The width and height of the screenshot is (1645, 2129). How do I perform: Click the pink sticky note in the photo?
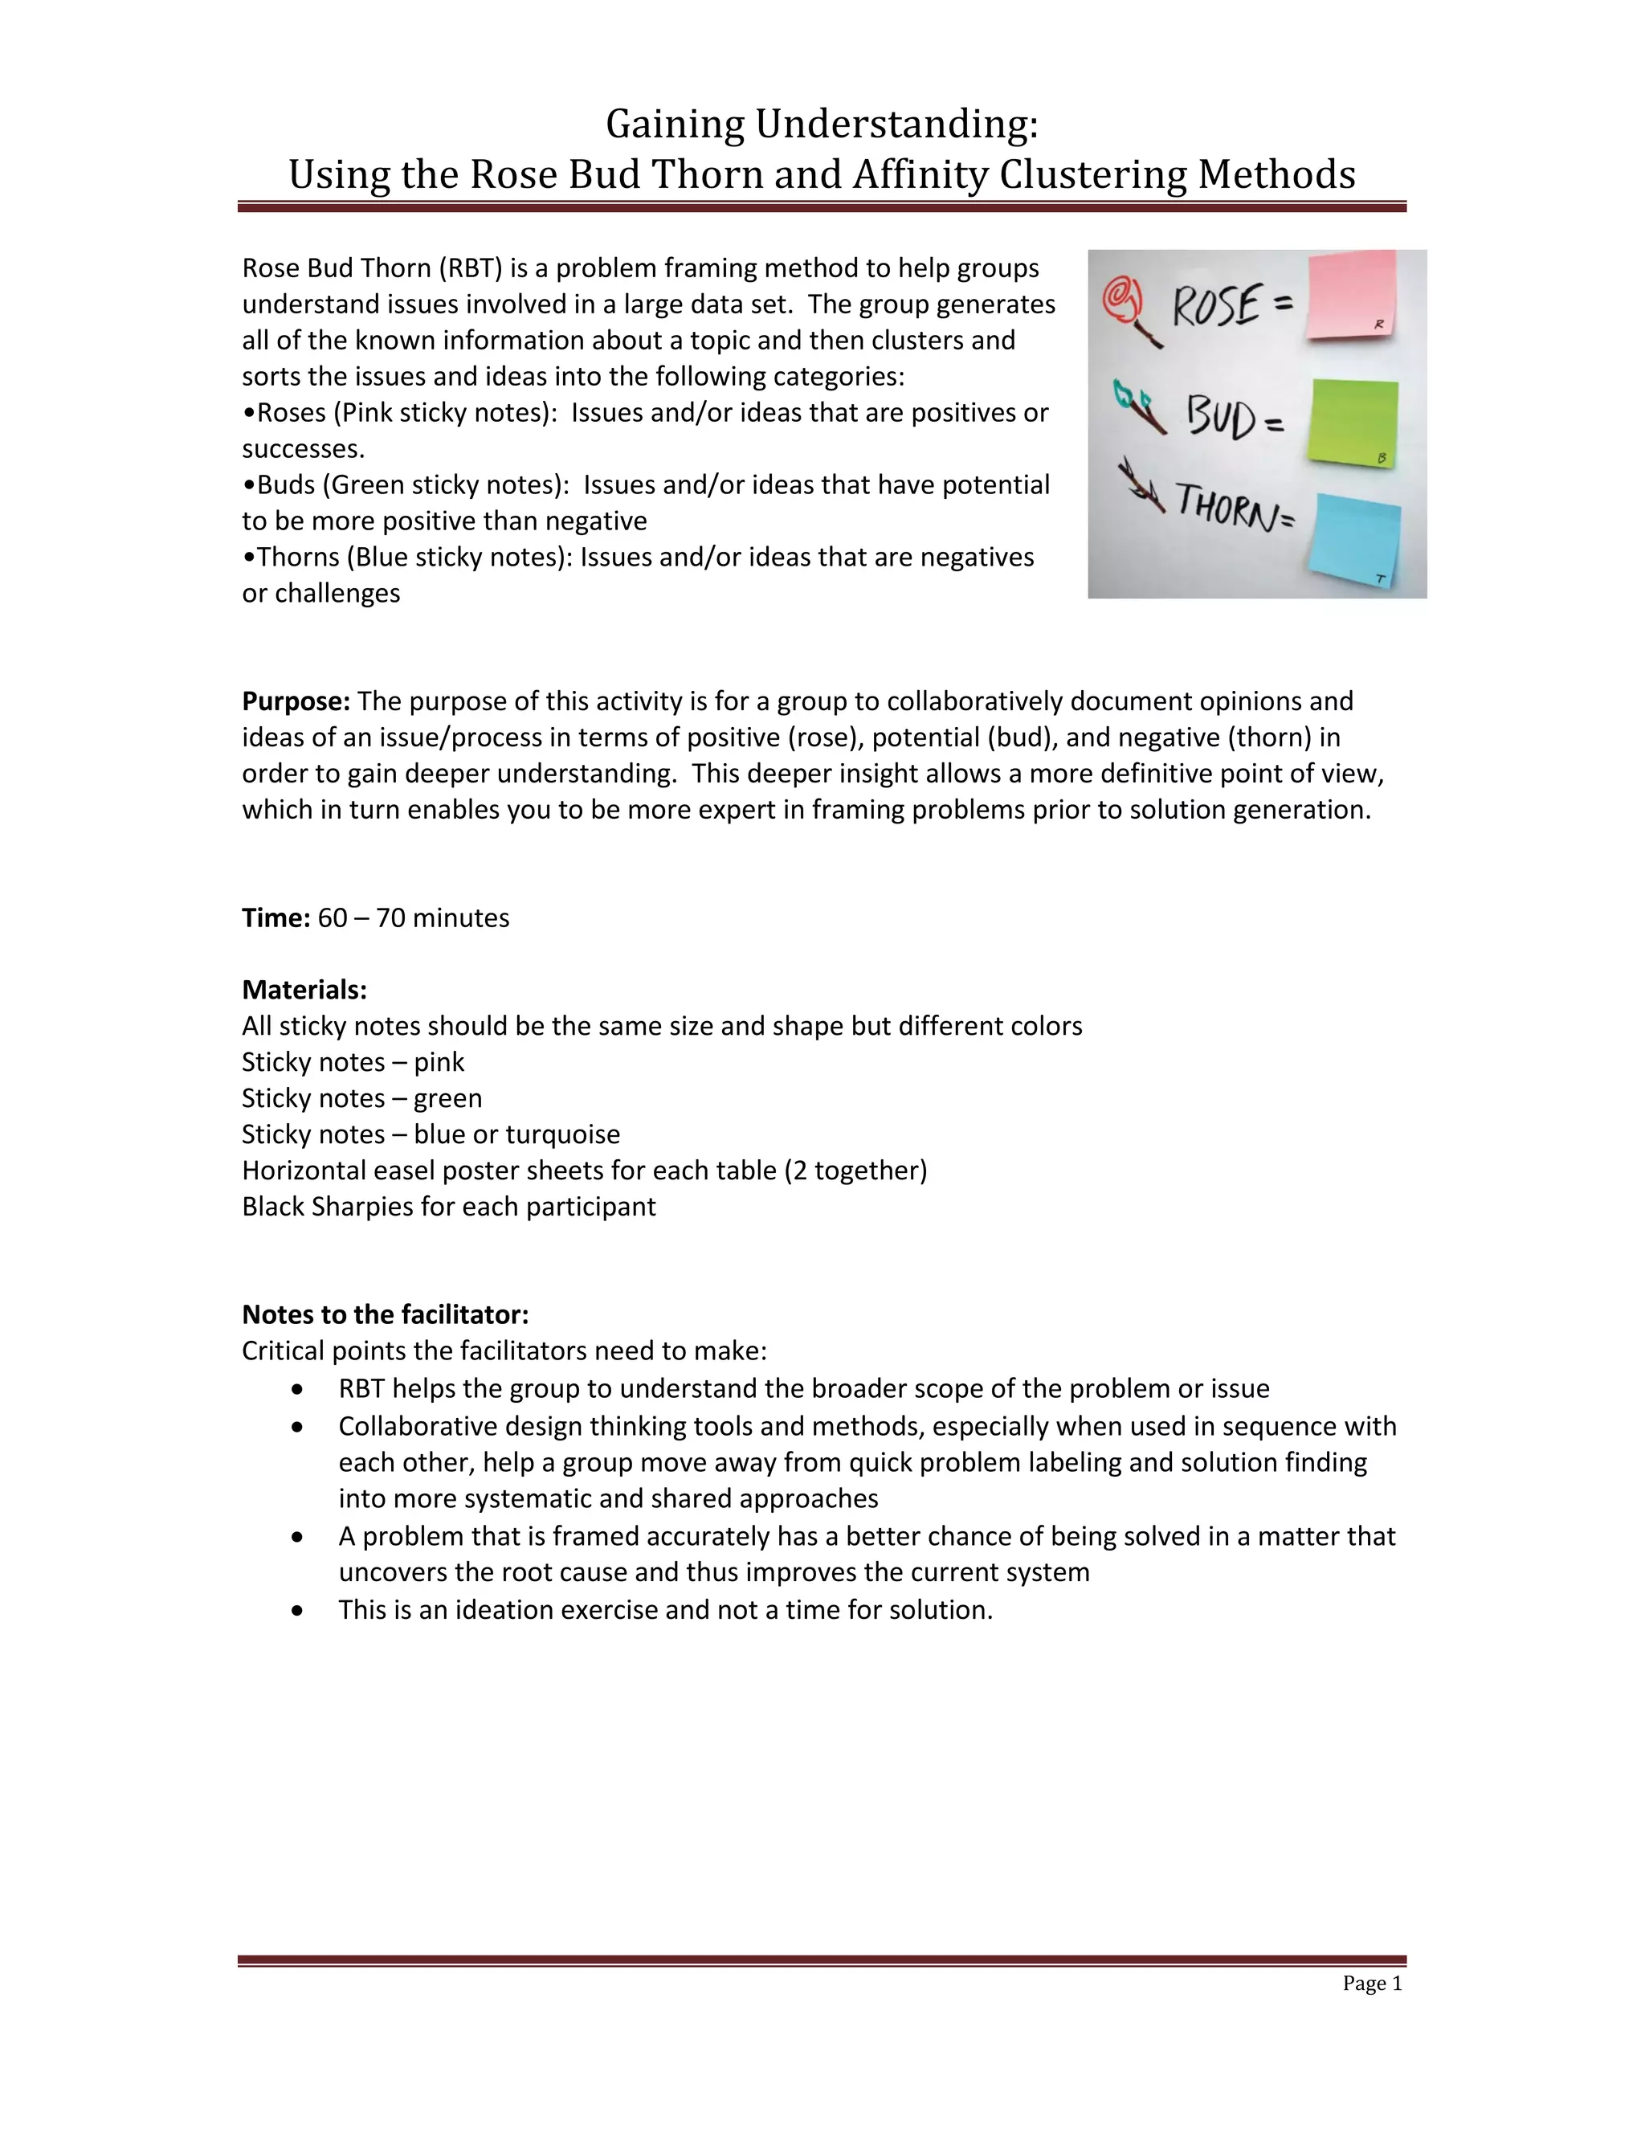pos(1351,294)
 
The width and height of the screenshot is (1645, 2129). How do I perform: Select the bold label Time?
pos(276,918)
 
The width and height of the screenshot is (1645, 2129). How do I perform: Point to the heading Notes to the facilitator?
pos(385,1315)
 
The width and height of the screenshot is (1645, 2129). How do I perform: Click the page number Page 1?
pos(1371,1984)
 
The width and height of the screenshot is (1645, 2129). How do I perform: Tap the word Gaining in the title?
pos(676,125)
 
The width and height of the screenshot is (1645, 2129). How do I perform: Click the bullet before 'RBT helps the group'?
pos(297,1389)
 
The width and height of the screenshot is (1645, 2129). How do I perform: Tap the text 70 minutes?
pos(442,918)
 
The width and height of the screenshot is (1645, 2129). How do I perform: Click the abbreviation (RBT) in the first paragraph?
pos(470,268)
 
